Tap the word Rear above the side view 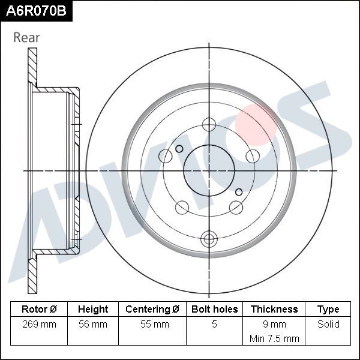pos(26,37)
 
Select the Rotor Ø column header pos(39,310)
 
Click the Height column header pos(93,310)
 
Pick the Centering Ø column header pos(152,310)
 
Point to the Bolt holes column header pos(214,310)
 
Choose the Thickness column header pos(274,310)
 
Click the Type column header pos(328,310)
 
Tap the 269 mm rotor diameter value pos(39,325)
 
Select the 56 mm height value pos(93,325)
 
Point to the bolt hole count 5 pos(214,325)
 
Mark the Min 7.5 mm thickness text pos(274,338)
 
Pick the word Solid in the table pos(328,325)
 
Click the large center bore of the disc pos(208,170)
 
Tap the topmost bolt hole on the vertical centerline pos(209,125)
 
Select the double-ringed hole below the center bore pos(209,238)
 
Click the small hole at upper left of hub pos(179,149)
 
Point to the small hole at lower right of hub pos(239,192)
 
